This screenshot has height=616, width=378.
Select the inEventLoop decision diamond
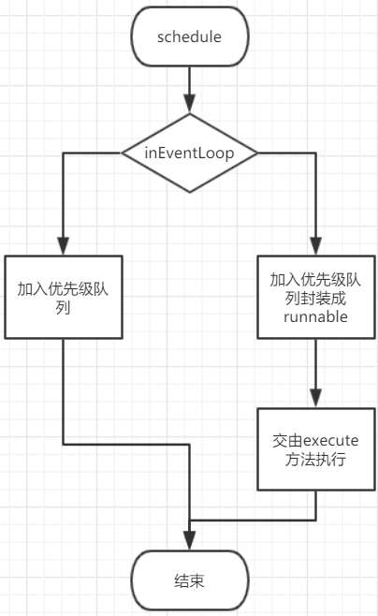click(190, 153)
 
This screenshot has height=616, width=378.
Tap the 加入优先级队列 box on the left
click(63, 297)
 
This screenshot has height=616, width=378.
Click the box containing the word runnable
click(315, 297)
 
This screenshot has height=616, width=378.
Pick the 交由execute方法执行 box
click(315, 448)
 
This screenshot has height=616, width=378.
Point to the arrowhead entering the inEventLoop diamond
click(190, 106)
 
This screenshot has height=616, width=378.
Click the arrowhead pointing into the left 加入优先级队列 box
click(63, 246)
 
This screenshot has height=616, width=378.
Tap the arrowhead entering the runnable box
click(315, 246)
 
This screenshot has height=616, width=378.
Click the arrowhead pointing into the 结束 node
click(190, 542)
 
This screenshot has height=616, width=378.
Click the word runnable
click(315, 316)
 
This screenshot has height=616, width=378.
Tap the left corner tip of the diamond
click(122, 153)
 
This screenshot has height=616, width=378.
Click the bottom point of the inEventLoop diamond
click(190, 192)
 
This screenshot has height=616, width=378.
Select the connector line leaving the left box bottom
click(63, 393)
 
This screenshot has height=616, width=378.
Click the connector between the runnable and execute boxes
click(315, 370)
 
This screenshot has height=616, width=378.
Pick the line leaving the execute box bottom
click(315, 506)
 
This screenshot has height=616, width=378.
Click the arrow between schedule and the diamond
click(190, 84)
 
